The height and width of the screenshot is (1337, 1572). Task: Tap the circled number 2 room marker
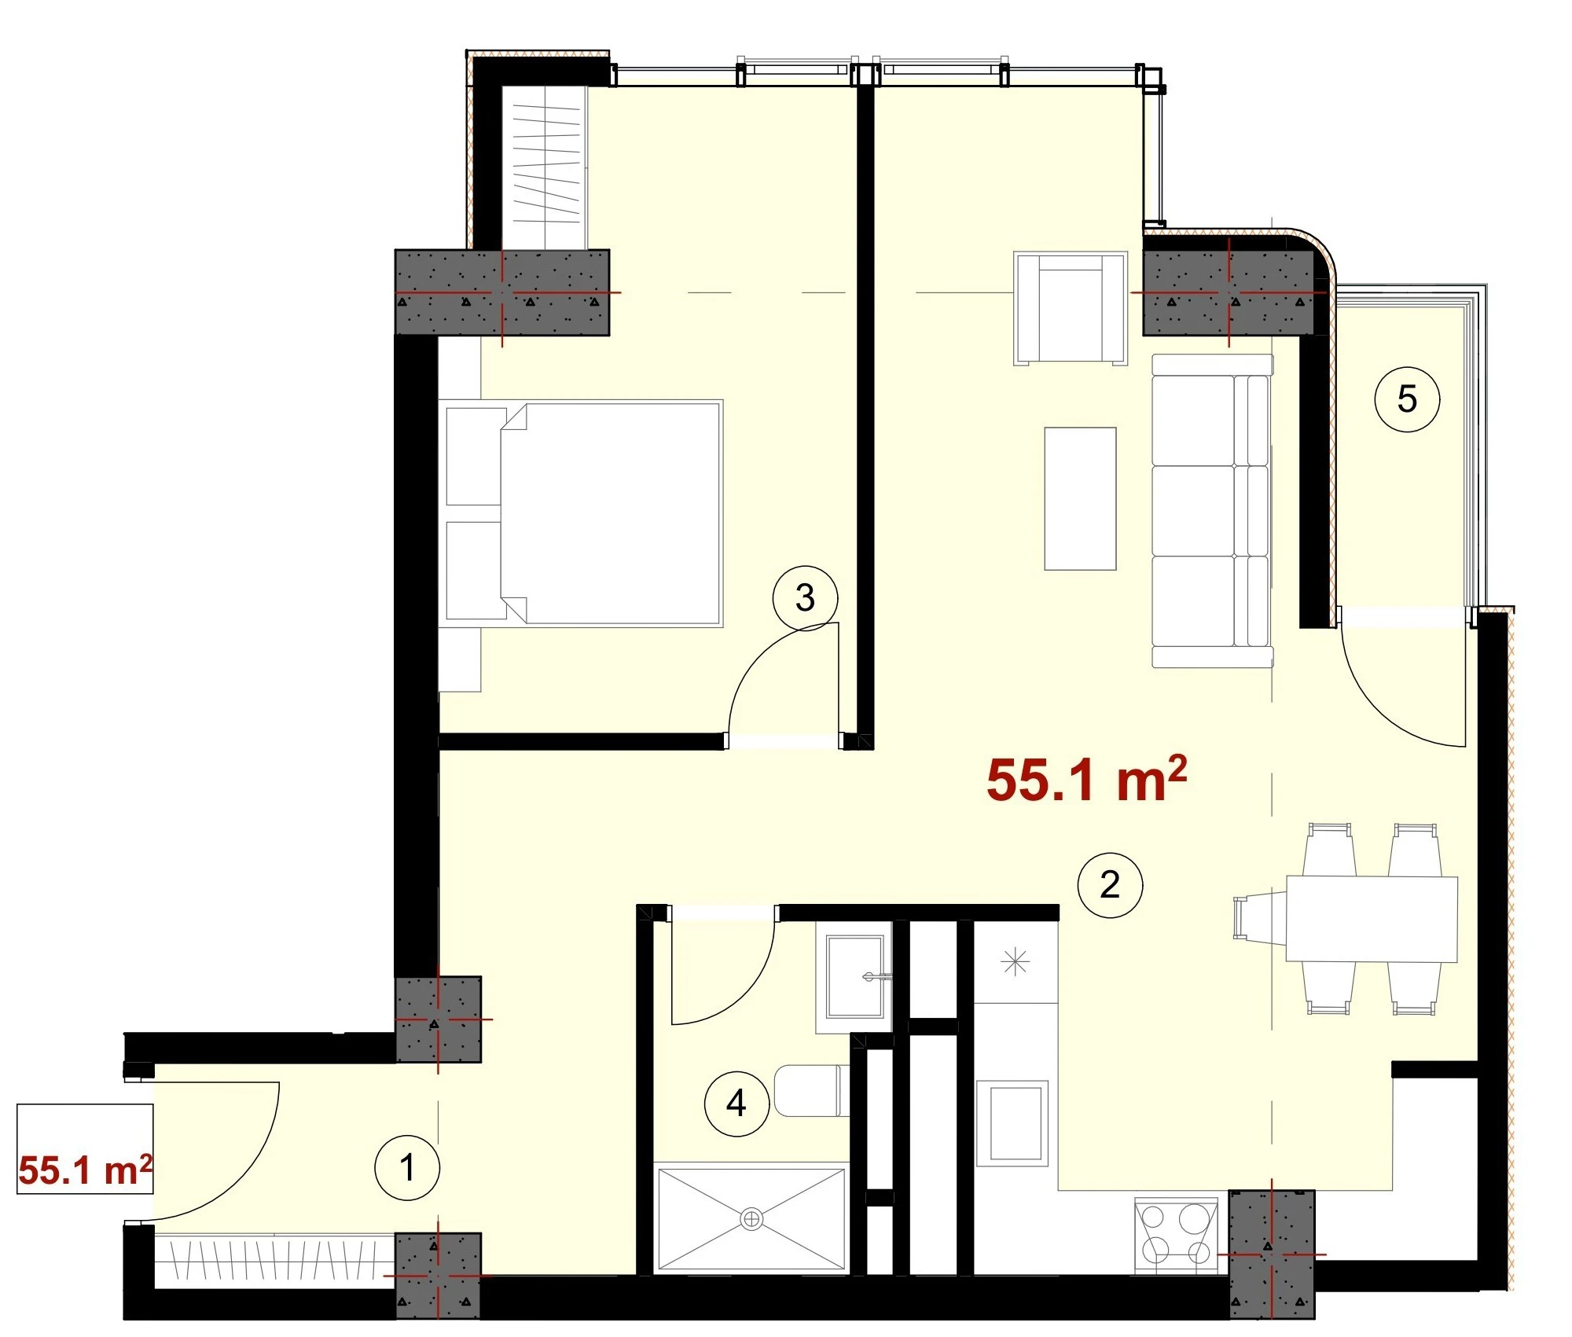[1110, 885]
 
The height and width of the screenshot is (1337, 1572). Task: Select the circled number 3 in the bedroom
[805, 598]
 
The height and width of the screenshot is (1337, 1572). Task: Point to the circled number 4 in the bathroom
[736, 1104]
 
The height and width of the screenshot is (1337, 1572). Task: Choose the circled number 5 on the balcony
[1407, 399]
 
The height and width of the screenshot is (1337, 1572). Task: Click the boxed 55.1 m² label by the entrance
[85, 1149]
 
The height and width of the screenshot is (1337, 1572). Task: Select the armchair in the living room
[1071, 308]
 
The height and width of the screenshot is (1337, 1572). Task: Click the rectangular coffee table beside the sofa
[1080, 498]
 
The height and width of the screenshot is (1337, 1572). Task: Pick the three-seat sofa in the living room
[1212, 511]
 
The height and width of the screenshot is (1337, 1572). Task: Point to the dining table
[1372, 919]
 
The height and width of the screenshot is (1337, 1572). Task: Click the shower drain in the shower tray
[752, 1219]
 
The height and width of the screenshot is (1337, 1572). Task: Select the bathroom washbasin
[854, 977]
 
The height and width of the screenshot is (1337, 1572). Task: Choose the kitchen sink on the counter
[1016, 1122]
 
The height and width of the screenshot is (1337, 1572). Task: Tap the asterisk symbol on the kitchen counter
[1016, 962]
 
